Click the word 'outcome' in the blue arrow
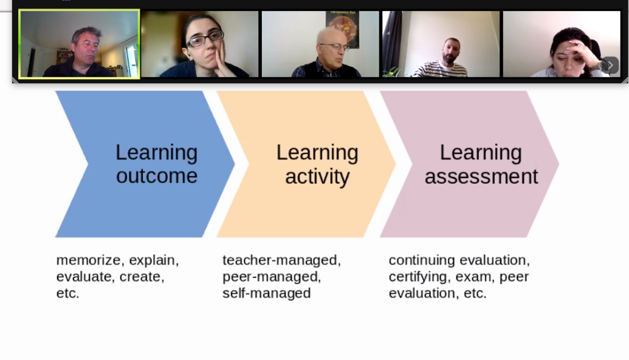[x=156, y=176]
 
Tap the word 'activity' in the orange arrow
[x=317, y=176]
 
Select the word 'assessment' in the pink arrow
[x=481, y=176]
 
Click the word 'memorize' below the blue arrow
[x=88, y=260]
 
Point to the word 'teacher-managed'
[x=280, y=260]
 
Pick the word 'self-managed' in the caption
[x=266, y=293]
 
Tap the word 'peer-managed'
[x=271, y=277]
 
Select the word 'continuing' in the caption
[x=422, y=260]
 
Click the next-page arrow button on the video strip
[x=610, y=66]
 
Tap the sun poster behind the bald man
[x=342, y=27]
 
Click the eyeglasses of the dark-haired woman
[x=205, y=38]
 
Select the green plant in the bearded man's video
[x=391, y=72]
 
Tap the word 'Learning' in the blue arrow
[x=156, y=153]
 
